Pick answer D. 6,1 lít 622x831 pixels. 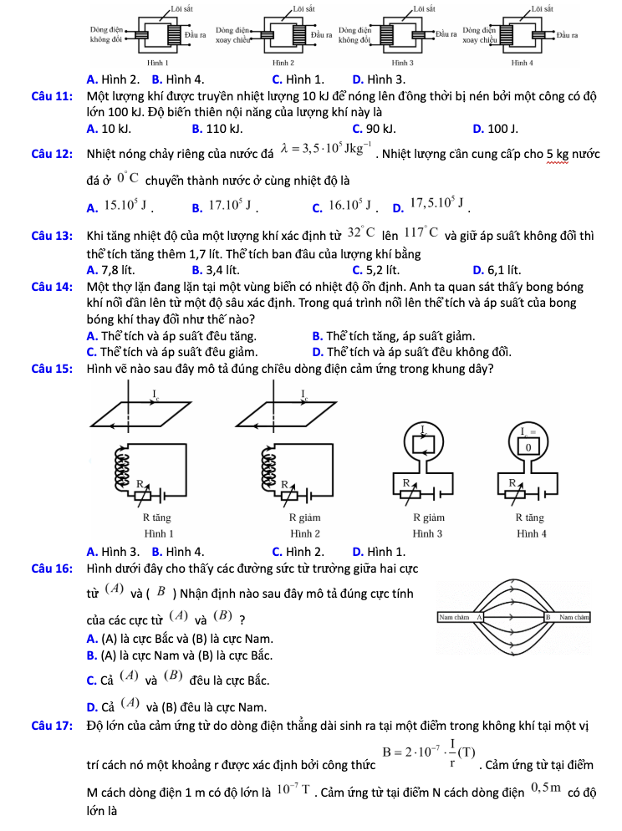[497, 270]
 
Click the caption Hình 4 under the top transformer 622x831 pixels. [524, 62]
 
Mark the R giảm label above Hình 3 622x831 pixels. [427, 517]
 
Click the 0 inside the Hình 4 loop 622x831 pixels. [528, 447]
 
